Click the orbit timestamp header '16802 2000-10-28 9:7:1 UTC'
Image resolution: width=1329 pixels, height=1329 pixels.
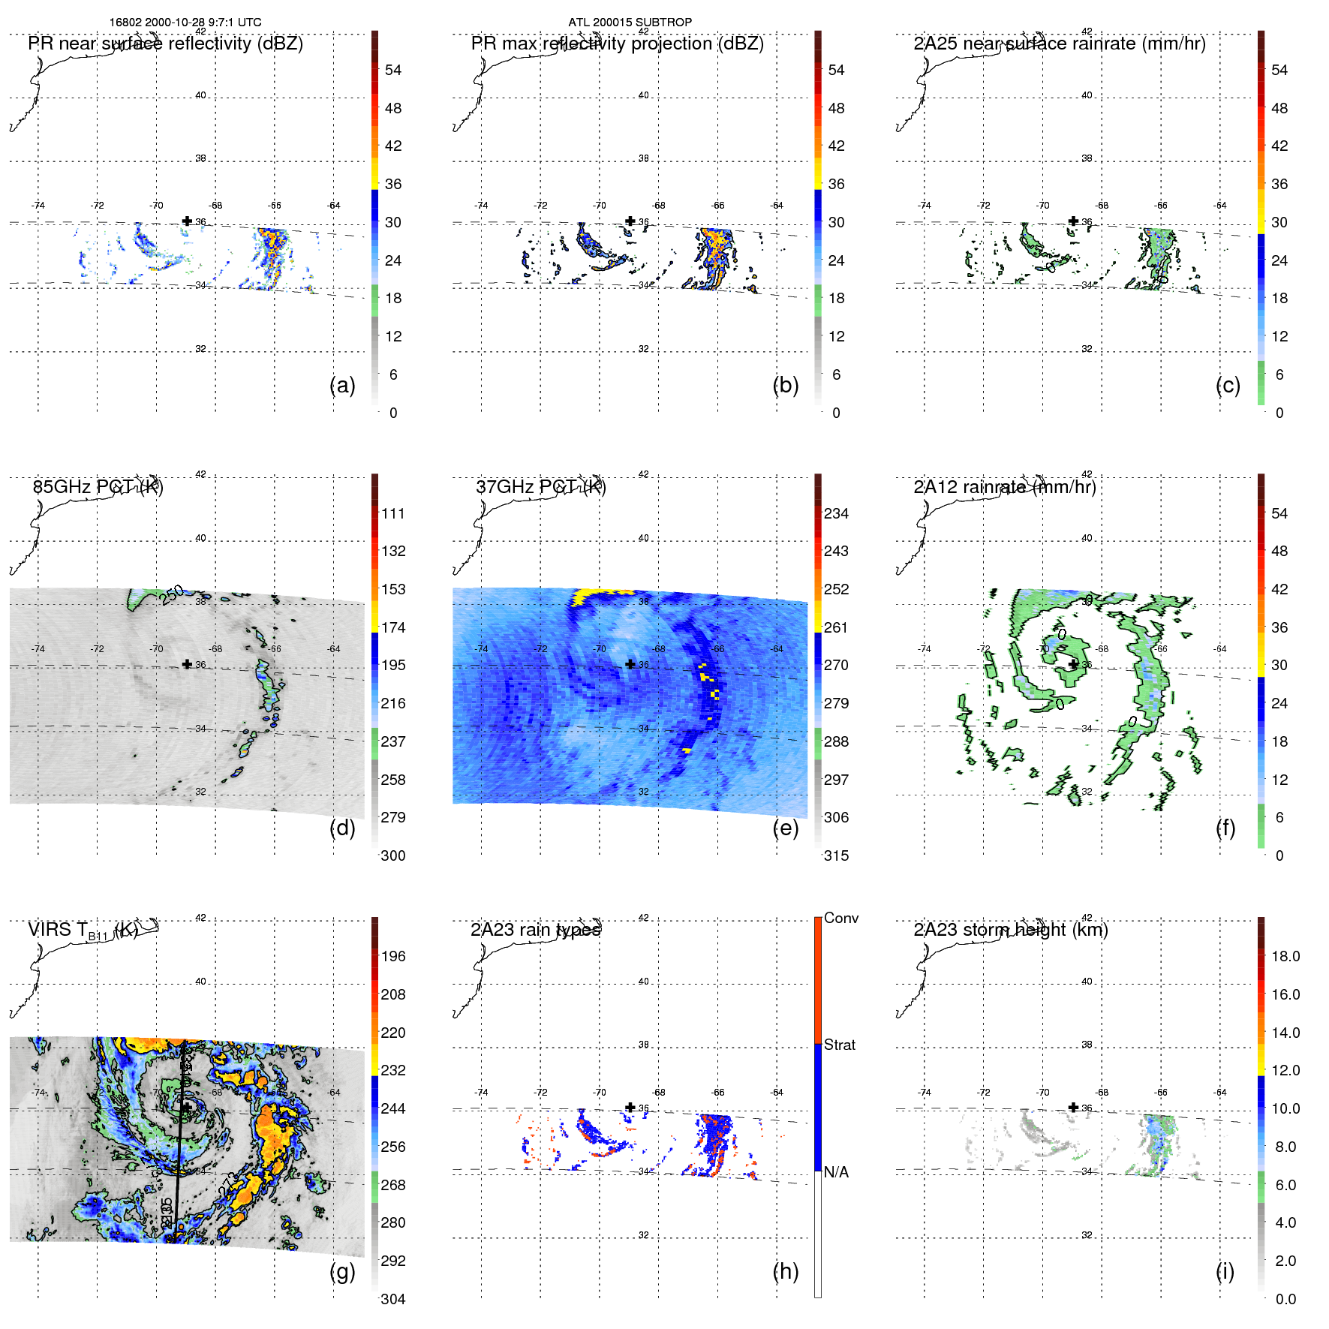185,23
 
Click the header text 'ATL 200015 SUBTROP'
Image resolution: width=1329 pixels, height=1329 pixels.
630,23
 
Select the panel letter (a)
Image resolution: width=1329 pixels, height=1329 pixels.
342,385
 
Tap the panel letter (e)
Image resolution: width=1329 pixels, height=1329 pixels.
785,828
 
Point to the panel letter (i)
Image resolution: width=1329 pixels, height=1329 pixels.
1225,1271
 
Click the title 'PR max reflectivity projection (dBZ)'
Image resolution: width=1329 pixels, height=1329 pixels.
617,44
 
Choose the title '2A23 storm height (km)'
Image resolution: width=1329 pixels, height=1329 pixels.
1010,930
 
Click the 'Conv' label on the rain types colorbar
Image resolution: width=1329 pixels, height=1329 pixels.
840,918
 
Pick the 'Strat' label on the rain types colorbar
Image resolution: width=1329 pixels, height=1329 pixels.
839,1045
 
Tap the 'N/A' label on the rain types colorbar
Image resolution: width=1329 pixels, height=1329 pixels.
836,1172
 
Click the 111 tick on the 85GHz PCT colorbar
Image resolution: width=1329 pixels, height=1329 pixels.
392,513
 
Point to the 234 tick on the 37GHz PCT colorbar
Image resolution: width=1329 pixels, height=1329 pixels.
836,513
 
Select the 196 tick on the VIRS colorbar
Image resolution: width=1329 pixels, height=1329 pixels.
392,956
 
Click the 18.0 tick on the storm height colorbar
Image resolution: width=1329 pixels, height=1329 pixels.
1285,956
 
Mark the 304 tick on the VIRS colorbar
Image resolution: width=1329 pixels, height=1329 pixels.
392,1299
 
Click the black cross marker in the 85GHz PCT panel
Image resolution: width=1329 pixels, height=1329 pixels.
187,664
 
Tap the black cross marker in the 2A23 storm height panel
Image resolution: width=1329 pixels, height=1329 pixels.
1073,1107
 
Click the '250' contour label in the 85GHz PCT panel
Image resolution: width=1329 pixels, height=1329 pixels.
171,594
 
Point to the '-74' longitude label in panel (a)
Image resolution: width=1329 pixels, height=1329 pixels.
38,206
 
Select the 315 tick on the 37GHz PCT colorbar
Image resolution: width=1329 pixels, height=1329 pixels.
836,855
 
